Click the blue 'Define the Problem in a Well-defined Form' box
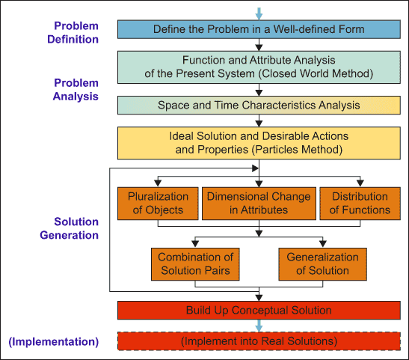(259, 29)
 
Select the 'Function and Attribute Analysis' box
(259, 67)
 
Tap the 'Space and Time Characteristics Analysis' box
(259, 106)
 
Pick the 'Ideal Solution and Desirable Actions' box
(259, 143)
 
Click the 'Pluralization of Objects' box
(158, 204)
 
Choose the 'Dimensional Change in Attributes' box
(259, 204)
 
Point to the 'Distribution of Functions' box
(360, 204)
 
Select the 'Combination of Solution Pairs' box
(195, 264)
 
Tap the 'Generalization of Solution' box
(323, 264)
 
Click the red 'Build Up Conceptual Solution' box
(259, 311)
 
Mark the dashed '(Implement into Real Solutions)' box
(259, 341)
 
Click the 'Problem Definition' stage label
(73, 33)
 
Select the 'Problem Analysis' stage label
(76, 90)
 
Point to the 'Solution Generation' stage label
(69, 228)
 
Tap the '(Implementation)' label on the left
(54, 342)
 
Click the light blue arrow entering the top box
(259, 13)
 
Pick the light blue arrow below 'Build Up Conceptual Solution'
(259, 326)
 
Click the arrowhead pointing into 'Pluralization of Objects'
(158, 183)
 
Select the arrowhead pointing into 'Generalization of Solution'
(323, 244)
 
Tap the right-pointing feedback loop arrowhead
(256, 168)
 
